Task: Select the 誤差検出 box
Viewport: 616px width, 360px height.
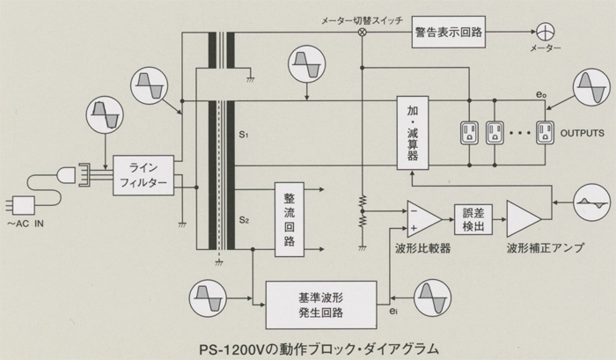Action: [473, 221]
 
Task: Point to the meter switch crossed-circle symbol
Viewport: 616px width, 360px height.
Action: [361, 32]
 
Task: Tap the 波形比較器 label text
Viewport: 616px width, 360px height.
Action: [422, 249]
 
